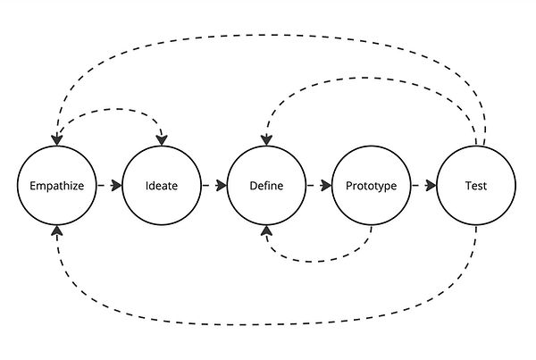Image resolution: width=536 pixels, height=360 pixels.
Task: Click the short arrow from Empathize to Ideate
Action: [108, 186]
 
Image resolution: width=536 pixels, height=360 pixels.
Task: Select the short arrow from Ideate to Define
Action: [214, 186]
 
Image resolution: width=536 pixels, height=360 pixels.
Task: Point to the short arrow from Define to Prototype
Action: [318, 186]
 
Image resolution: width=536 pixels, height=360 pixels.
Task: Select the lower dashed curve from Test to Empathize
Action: [268, 315]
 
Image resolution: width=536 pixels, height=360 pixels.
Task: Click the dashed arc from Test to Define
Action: [375, 78]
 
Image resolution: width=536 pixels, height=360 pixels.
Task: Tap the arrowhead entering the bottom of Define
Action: [266, 230]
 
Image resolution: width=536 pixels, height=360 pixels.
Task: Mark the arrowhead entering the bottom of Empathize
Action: [56, 230]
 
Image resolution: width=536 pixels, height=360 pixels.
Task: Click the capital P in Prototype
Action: [348, 187]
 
